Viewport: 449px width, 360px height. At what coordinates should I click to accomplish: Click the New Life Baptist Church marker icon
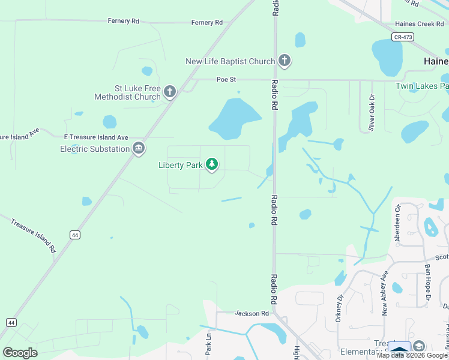coord(285,61)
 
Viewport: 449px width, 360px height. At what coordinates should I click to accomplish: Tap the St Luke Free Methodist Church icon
coord(170,92)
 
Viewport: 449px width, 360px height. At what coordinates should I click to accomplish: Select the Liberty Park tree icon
coord(212,164)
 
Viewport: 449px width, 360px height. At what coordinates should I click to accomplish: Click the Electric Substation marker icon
coord(139,148)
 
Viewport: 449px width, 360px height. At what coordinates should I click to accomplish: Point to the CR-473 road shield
coord(403,37)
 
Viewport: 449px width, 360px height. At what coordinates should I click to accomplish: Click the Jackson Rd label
coord(252,313)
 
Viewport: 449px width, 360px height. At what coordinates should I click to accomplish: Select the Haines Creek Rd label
coord(418,24)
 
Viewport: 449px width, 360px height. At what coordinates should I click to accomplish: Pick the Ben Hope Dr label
coord(428,281)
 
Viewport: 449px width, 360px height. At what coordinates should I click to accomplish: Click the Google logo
coord(20,352)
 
